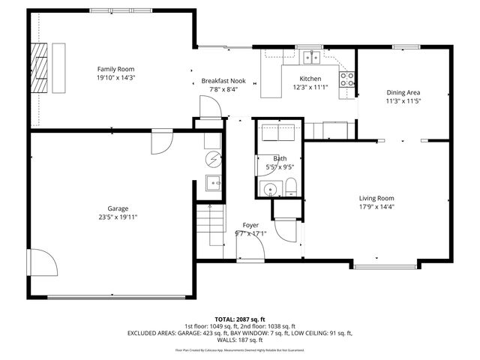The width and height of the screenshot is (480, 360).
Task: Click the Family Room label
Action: point(115,68)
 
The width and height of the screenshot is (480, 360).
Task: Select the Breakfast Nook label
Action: point(223,81)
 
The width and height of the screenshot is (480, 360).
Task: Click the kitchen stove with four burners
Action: point(346,79)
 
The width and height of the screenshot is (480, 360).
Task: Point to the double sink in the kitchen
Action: point(311,57)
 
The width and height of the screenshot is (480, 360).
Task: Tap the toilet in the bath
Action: point(292,187)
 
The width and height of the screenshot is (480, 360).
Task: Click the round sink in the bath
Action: point(268,187)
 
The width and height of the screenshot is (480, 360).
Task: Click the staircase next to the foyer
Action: point(211,225)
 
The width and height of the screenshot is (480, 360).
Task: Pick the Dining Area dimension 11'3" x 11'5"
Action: point(404,100)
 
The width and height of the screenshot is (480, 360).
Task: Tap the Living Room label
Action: point(376,198)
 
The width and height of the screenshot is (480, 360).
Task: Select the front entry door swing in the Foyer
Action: point(285,228)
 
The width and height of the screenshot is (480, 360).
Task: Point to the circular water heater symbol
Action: point(214,158)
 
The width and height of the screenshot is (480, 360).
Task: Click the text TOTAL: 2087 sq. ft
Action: point(241,319)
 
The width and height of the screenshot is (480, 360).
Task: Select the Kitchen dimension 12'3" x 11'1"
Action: point(310,88)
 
